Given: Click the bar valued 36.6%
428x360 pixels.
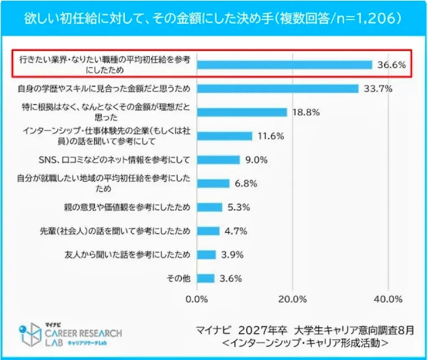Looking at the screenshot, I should pyautogui.click(x=284, y=65).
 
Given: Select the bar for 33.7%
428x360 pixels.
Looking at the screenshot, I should pyautogui.click(x=278, y=89).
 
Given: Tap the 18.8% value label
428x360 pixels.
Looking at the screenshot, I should pyautogui.click(x=306, y=112).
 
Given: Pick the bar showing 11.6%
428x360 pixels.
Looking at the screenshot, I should pyautogui.click(x=224, y=136).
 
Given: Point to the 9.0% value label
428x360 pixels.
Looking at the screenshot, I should pyautogui.click(x=256, y=160).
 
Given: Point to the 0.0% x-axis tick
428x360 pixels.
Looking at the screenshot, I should pyautogui.click(x=196, y=299).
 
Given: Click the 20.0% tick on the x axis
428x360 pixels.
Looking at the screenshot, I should pyautogui.click(x=292, y=299).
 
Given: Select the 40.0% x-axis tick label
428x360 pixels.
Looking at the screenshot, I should pyautogui.click(x=388, y=299).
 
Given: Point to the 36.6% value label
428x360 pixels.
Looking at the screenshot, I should pyautogui.click(x=391, y=65).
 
